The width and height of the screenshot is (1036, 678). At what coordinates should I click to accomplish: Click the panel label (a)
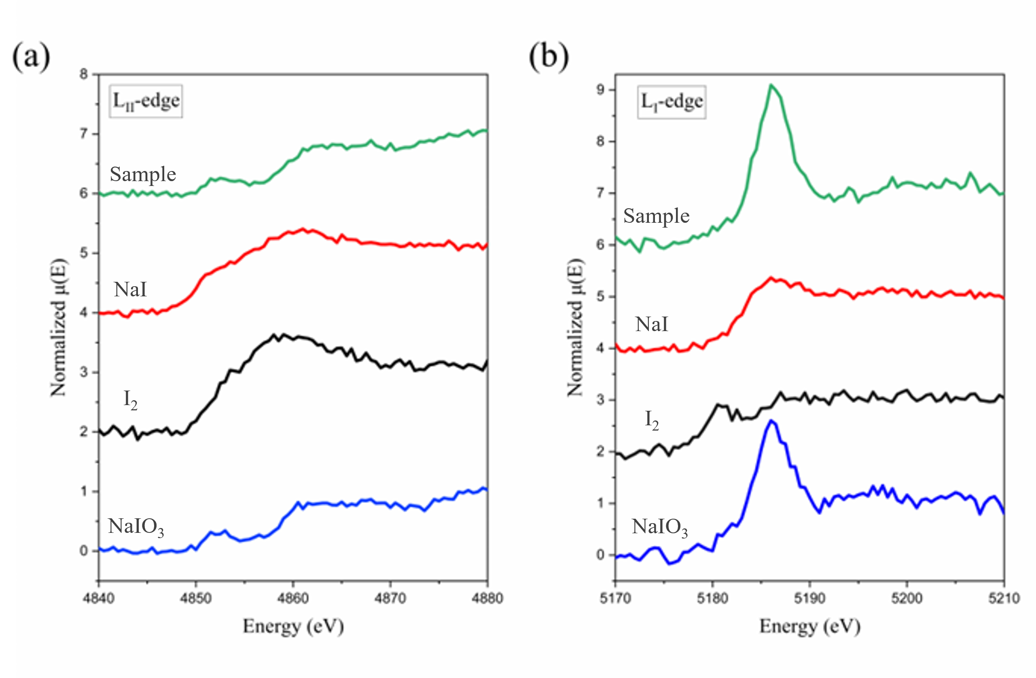point(31,57)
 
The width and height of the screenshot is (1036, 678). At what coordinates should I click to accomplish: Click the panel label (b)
point(549,57)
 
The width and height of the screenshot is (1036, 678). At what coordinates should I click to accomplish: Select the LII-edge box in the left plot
point(146,101)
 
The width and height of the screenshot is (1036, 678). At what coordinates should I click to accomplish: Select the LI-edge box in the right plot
point(672,102)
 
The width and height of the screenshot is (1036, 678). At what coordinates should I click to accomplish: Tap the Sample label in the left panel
point(143,175)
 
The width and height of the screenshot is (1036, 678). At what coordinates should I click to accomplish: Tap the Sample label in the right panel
point(656,216)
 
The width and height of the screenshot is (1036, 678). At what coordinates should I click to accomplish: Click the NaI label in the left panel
point(130,290)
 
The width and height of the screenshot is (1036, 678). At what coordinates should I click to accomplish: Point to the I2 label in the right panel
point(652,420)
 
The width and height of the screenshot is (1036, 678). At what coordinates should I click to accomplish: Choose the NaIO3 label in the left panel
point(136,527)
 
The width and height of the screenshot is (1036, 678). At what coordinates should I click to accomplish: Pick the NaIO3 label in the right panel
point(659,527)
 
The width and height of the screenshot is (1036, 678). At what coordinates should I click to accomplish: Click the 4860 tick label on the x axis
point(293,599)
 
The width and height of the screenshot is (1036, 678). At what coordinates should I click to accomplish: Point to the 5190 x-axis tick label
point(809,599)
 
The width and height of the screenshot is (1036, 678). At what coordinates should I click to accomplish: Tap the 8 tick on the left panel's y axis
point(84,74)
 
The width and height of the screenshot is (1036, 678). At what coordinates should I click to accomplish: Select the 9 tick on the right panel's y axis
point(601,90)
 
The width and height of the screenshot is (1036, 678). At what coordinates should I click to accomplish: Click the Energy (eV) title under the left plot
point(293,627)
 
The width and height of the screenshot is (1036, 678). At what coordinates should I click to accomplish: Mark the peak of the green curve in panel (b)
point(771,85)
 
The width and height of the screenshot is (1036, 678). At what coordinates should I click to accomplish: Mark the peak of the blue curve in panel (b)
point(771,420)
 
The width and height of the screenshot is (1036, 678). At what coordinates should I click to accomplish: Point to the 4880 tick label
point(487,599)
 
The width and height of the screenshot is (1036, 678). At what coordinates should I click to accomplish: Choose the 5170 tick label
point(615,599)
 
